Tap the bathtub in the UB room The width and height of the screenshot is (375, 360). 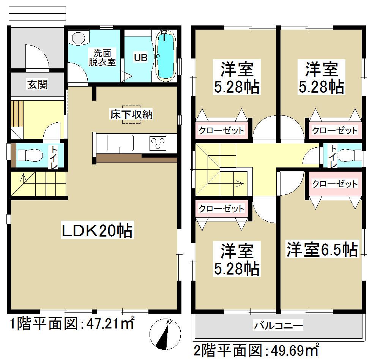[165, 56]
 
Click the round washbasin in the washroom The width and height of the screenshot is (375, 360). [78, 38]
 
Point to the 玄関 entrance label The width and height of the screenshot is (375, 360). [37, 84]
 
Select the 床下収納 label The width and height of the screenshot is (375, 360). [131, 114]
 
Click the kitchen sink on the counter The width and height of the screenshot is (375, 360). [120, 143]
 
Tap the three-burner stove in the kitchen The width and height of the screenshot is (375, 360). [159, 144]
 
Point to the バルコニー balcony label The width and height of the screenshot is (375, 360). [279, 325]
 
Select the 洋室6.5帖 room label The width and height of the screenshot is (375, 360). [322, 250]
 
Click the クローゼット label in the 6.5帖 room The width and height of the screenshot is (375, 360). [334, 184]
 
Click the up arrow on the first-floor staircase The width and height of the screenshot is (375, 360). [24, 177]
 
